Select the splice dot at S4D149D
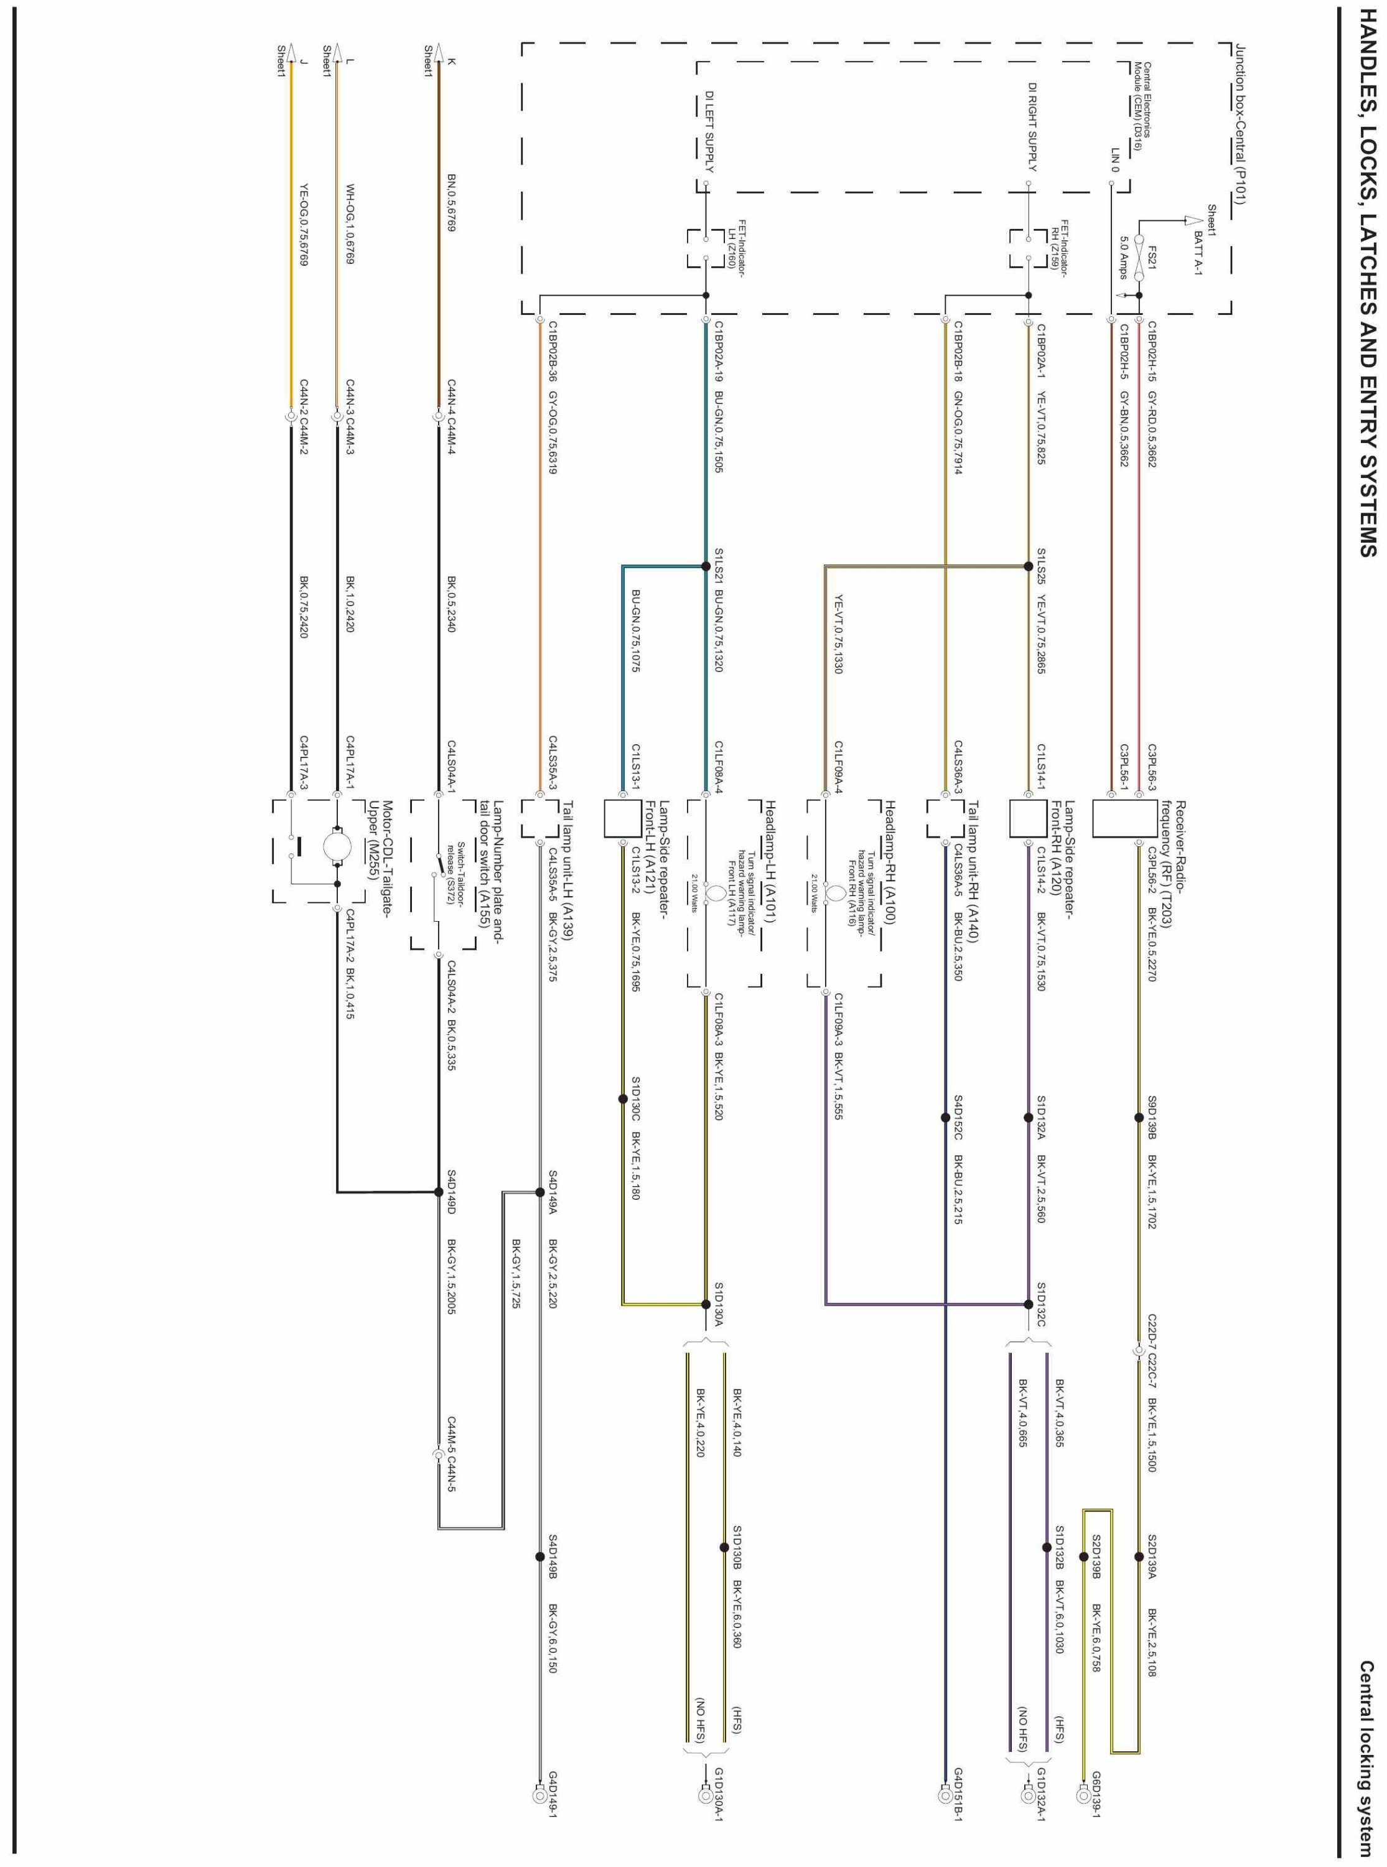tap(438, 1191)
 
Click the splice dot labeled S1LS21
tap(706, 567)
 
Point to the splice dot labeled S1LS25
tap(1029, 567)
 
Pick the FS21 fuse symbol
tap(1139, 252)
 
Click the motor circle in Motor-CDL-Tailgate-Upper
tap(337, 847)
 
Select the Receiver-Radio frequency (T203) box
tap(1113, 818)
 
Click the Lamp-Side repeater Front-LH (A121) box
tap(623, 818)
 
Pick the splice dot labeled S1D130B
tap(724, 1547)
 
